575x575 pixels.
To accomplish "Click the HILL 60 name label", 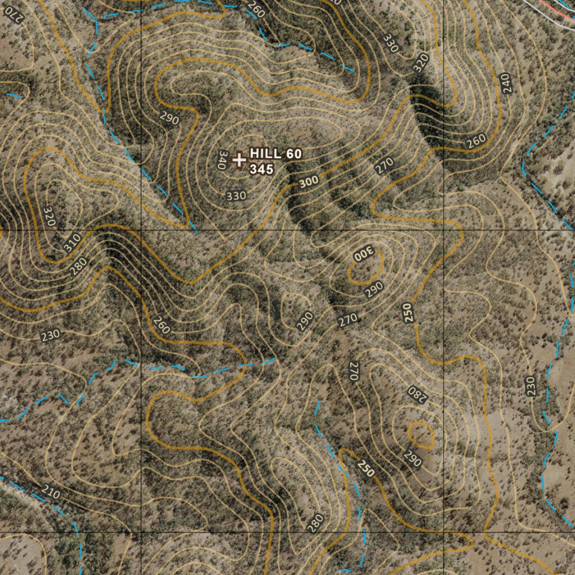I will tap(276, 153).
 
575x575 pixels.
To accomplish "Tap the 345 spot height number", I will tap(262, 168).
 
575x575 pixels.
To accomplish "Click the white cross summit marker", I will tap(239, 160).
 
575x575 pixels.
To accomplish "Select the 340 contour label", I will tap(221, 160).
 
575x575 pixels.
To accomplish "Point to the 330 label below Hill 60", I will tap(236, 195).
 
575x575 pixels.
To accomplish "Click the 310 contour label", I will tap(71, 243).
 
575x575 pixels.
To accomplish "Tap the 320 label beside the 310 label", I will tap(49, 216).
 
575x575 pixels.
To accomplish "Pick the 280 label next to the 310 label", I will tap(78, 265).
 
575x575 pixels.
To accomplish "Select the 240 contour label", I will tap(506, 84).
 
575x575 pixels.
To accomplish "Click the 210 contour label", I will tap(51, 494).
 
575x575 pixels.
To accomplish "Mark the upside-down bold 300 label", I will tap(363, 254).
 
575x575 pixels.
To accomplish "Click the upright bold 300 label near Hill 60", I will tap(309, 181).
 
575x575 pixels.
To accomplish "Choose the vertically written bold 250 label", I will tap(408, 312).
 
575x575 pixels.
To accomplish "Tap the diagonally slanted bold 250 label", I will tap(366, 468).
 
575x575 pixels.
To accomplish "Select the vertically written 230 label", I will tap(531, 386).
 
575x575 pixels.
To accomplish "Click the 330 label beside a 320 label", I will tap(390, 43).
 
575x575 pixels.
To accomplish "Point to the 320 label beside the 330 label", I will tap(421, 62).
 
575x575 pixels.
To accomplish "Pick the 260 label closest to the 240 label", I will tap(476, 142).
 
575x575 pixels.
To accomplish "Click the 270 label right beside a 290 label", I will tap(348, 321).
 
